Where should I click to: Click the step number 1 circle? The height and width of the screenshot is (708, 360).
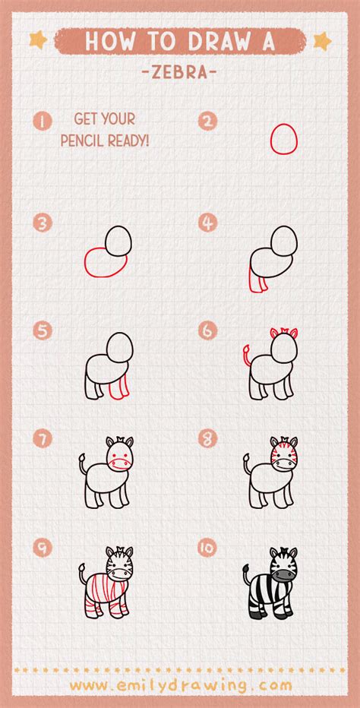pyautogui.click(x=43, y=122)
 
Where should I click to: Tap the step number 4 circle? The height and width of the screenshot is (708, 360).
pyautogui.click(x=208, y=223)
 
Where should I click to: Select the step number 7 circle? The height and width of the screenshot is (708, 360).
pyautogui.click(x=43, y=438)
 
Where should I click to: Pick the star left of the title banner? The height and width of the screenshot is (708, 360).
pyautogui.click(x=39, y=40)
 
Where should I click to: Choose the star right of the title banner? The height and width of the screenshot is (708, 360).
pyautogui.click(x=322, y=41)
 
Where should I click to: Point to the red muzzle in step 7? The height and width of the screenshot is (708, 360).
pyautogui.click(x=120, y=463)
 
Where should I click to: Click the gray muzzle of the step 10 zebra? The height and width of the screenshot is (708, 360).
pyautogui.click(x=284, y=574)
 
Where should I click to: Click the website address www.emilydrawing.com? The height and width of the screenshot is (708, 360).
pyautogui.click(x=181, y=685)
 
